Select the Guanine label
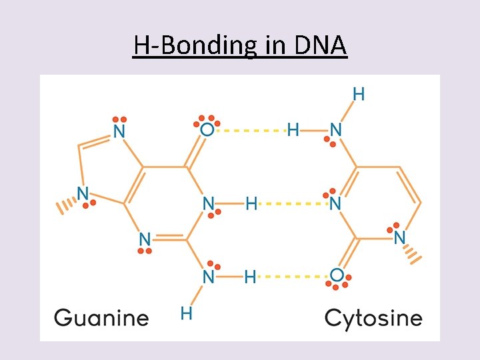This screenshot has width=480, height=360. tap(101, 317)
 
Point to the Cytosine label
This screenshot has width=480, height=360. tap(373, 317)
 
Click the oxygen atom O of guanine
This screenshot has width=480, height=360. tap(207, 129)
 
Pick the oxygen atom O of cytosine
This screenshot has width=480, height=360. tap(337, 275)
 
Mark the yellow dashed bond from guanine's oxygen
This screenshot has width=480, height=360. tap(251, 129)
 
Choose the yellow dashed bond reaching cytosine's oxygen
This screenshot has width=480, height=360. tap(293, 275)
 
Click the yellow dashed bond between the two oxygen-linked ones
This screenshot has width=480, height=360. tap(291, 203)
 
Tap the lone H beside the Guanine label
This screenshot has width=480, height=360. tap(187, 311)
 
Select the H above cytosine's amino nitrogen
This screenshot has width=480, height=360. tap(359, 94)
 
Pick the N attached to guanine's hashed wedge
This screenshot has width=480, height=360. tap(83, 193)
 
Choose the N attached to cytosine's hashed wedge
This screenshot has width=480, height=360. tap(399, 237)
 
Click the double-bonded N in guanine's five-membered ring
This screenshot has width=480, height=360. tap(119, 130)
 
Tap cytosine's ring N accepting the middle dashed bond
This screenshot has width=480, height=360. tap(335, 203)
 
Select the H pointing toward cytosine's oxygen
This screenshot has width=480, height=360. tap(250, 276)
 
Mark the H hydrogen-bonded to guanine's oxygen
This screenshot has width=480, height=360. tap(293, 129)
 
